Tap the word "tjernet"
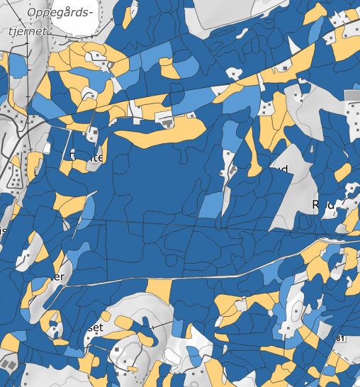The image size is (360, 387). point(27,32)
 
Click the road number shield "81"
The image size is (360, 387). point(341,340)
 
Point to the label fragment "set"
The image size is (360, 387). point(94,328)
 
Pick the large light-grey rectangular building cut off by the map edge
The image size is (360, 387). point(352,94)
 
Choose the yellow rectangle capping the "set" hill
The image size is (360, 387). point(160,288)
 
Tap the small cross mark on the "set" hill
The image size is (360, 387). point(152,326)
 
